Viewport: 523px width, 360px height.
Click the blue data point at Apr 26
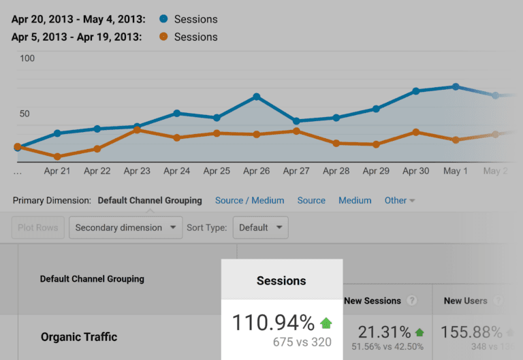[x=256, y=97]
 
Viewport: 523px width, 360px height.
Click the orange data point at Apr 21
[x=57, y=157]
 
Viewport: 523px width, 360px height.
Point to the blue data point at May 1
[x=456, y=86]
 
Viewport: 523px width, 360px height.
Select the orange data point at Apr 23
[x=137, y=129]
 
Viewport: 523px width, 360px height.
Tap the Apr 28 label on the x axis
[x=336, y=171]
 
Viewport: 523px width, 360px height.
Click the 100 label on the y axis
[x=27, y=59]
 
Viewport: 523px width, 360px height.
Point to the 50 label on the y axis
[x=25, y=113]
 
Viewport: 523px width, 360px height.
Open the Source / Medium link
[x=249, y=200]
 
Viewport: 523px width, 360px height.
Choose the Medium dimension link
[x=355, y=200]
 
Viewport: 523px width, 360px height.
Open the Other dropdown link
[x=400, y=200]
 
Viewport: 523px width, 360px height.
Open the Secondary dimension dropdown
[x=125, y=227]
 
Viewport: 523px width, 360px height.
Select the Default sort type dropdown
[x=260, y=227]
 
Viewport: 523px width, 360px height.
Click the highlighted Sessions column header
[x=281, y=280]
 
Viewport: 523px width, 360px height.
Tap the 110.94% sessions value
[x=273, y=323]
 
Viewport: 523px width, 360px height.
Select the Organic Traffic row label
[x=79, y=337]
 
